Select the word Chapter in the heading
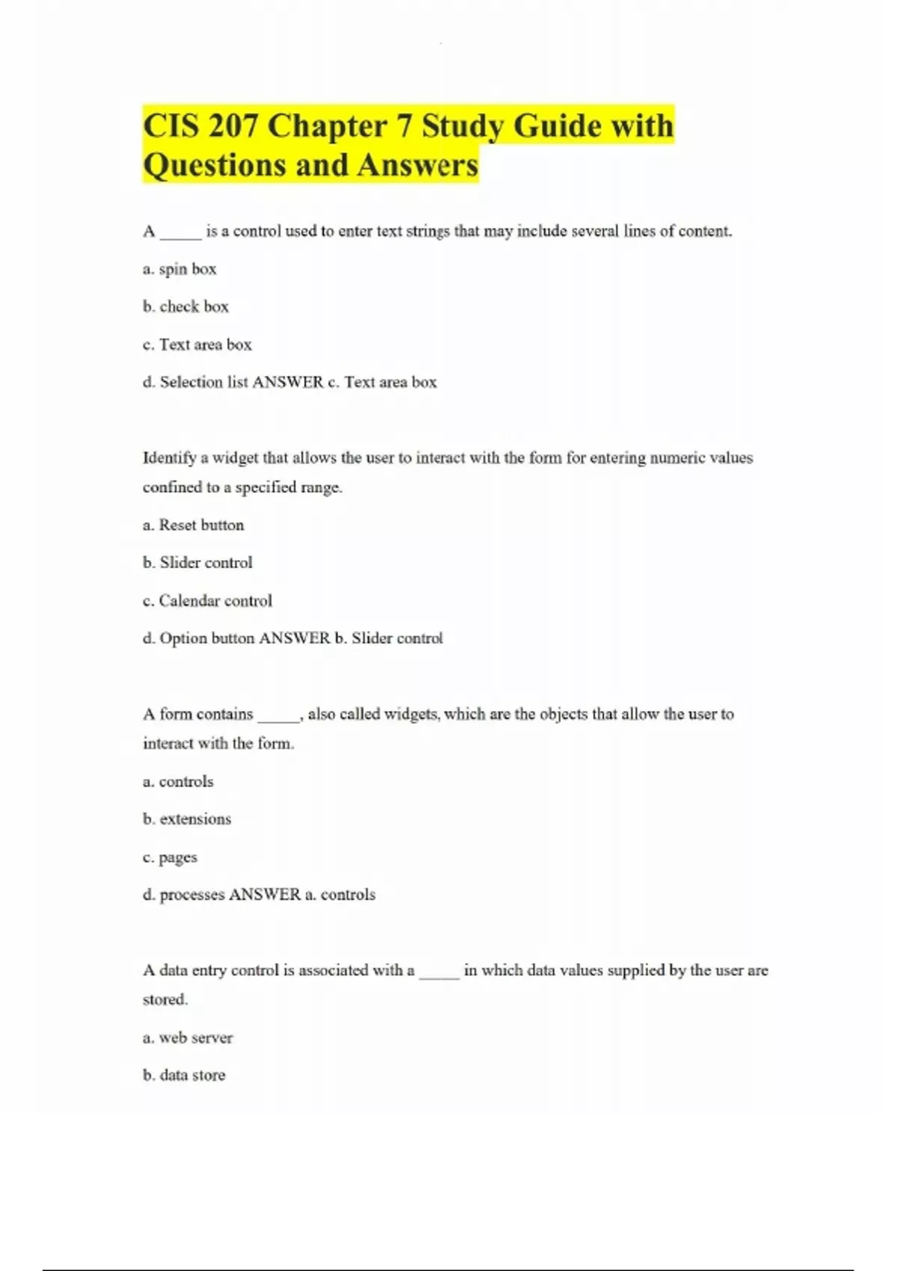339,126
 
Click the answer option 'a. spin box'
179,269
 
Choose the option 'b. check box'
185,307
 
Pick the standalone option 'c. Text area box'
197,345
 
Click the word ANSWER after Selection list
288,382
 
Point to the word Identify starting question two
170,458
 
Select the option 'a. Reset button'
193,525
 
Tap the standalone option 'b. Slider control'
197,562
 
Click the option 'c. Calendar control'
207,600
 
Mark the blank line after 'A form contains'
278,716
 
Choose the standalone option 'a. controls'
178,781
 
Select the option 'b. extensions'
187,819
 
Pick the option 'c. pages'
170,858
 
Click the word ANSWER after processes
265,894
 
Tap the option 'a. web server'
188,1038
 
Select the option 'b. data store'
184,1075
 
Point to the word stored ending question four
164,1000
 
